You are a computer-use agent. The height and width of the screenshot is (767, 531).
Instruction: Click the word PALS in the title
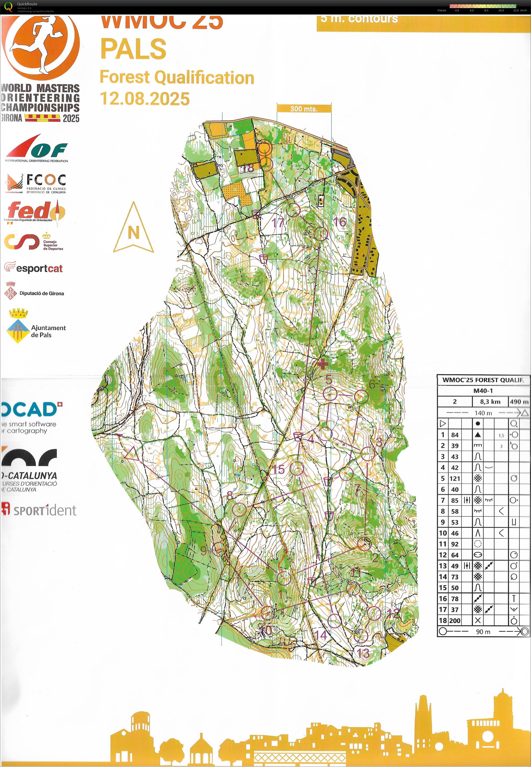pyautogui.click(x=133, y=49)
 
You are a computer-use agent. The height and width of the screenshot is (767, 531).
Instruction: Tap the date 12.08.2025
pyautogui.click(x=145, y=99)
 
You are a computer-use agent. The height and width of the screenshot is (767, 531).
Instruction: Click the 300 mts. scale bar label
pyautogui.click(x=304, y=109)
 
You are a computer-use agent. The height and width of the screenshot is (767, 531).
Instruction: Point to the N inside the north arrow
pyautogui.click(x=133, y=232)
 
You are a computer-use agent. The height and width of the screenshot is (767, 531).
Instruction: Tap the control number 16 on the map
pyautogui.click(x=340, y=222)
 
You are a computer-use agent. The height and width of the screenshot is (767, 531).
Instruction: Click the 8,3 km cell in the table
pyautogui.click(x=490, y=402)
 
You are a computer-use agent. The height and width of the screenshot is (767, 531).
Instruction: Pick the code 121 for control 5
pyautogui.click(x=454, y=479)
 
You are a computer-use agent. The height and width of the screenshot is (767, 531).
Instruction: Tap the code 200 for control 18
pyautogui.click(x=454, y=620)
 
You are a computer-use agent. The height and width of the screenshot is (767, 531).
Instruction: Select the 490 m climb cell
pyautogui.click(x=518, y=402)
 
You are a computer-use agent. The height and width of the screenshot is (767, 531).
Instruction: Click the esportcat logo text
pyautogui.click(x=39, y=269)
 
